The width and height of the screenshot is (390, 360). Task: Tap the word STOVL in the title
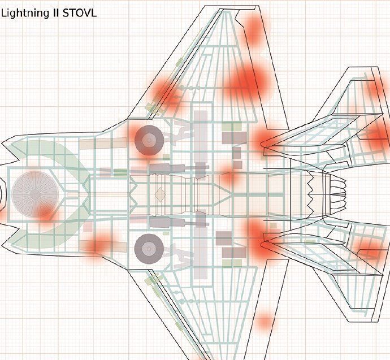point(80,12)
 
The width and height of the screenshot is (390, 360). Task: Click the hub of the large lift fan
point(35,194)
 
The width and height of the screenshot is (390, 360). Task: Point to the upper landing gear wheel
point(149,141)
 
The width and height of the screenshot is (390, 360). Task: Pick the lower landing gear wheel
point(149,249)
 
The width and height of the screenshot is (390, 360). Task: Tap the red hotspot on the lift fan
point(46,214)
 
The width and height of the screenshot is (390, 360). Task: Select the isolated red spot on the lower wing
point(265,322)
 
